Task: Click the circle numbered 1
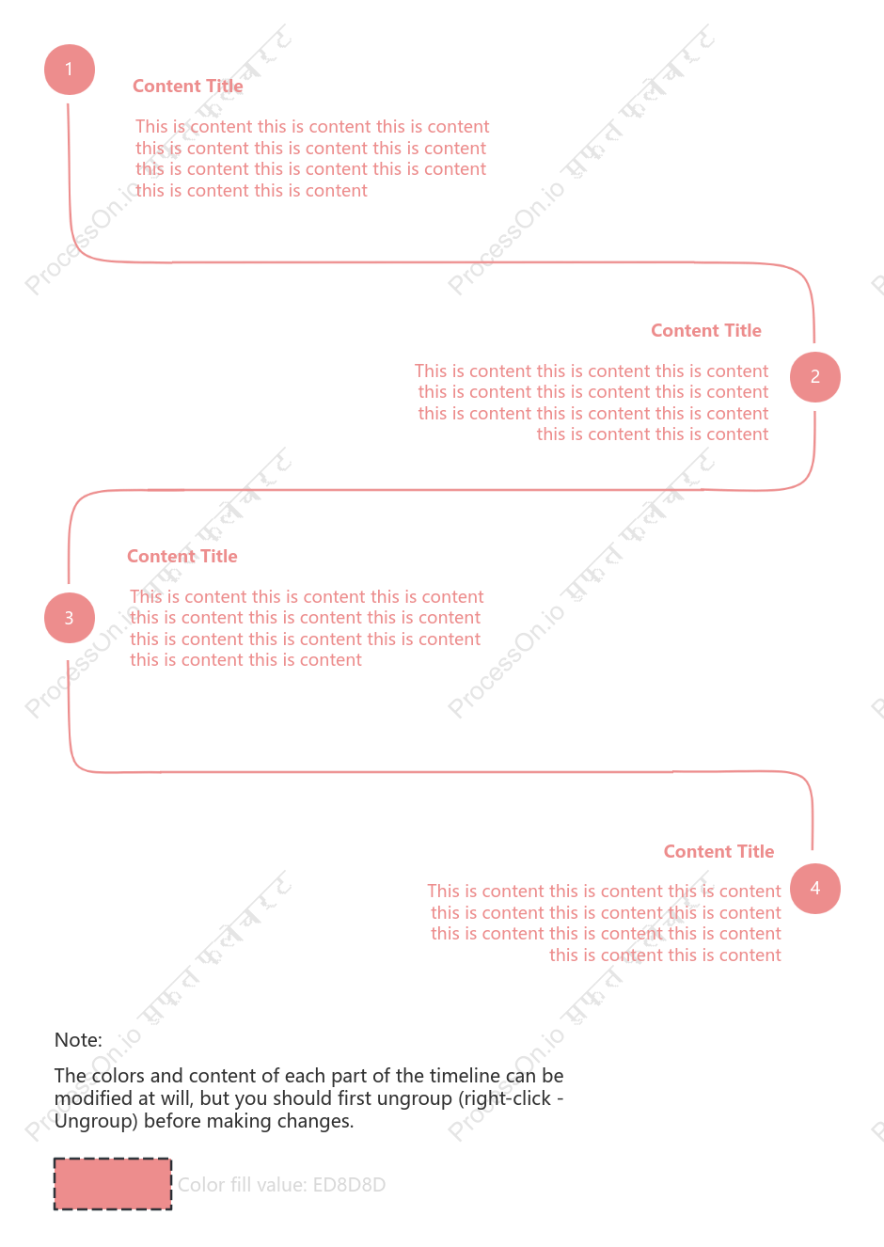(70, 70)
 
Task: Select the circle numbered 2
(815, 377)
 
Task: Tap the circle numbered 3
(70, 617)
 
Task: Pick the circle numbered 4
(815, 889)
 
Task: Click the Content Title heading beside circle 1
(187, 87)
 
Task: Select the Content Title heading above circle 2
(706, 331)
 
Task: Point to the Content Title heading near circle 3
(182, 556)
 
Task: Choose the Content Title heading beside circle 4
(718, 851)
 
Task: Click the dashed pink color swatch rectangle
(113, 1184)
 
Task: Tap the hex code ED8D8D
(349, 1185)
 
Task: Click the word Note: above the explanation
(78, 1040)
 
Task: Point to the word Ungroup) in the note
(96, 1121)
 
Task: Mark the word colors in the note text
(119, 1076)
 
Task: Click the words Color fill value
(242, 1185)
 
